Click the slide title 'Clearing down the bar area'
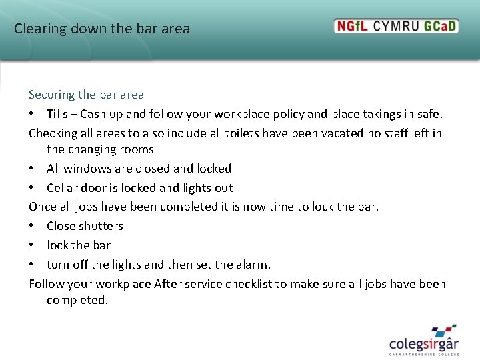click(102, 29)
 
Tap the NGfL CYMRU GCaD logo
click(396, 27)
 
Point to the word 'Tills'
click(60, 114)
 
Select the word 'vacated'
click(343, 133)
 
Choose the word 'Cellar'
click(63, 188)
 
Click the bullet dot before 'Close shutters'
click(32, 226)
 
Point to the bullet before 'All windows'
click(32, 169)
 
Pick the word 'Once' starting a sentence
click(42, 207)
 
